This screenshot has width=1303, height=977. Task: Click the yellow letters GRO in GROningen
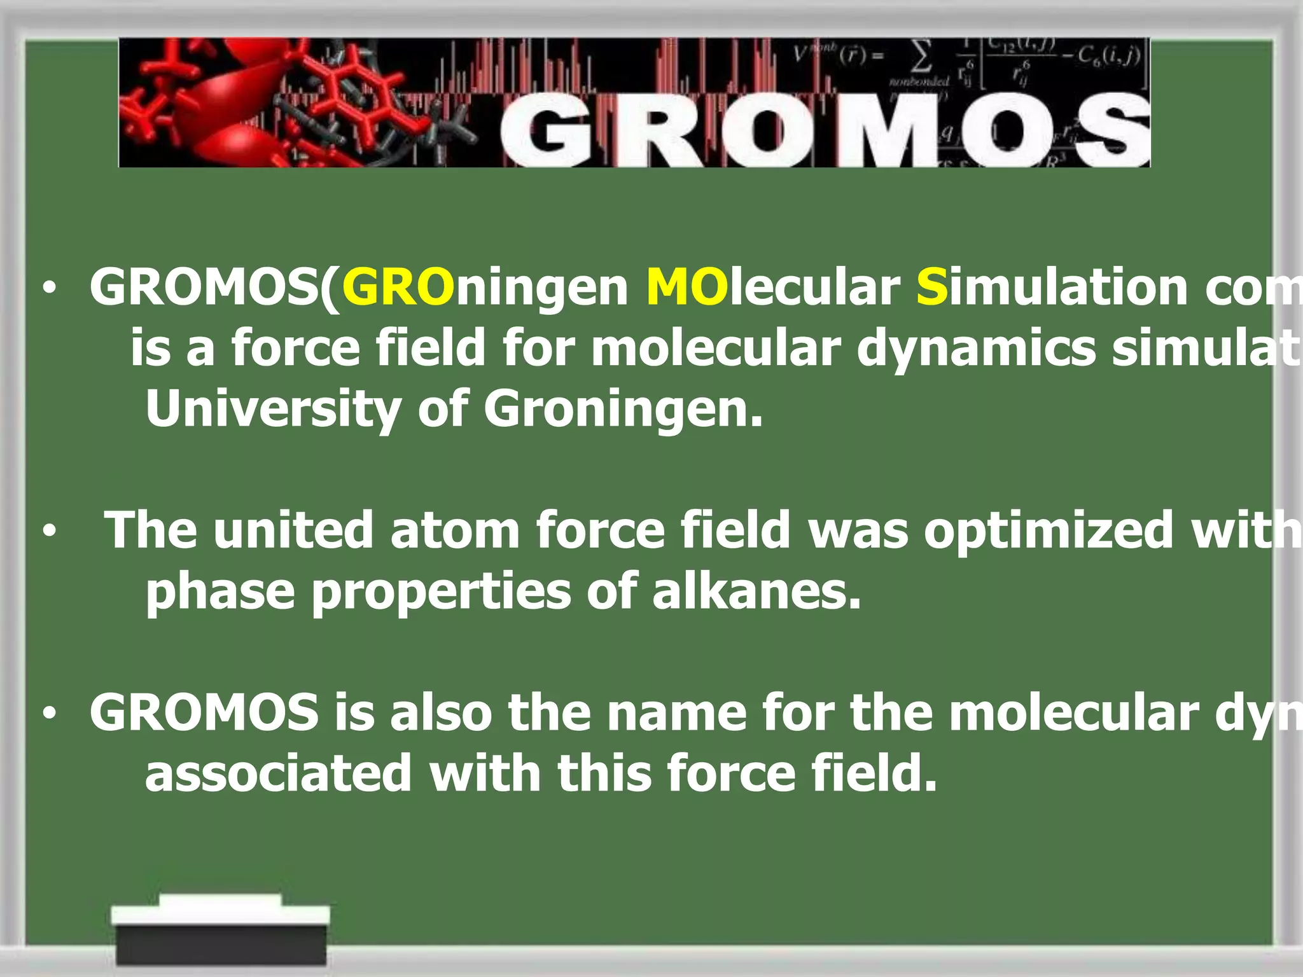pyautogui.click(x=398, y=288)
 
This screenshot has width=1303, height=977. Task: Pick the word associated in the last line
pyautogui.click(x=279, y=773)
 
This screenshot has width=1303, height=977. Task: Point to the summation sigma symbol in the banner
pyautogui.click(x=922, y=57)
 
